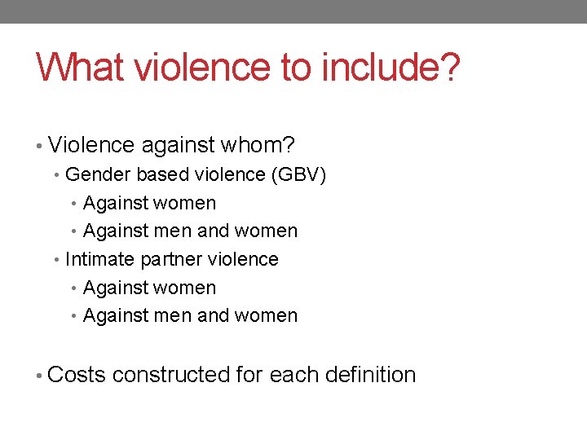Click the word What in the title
76,68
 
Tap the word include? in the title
391,68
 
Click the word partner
172,260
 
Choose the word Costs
77,375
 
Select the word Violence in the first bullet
91,146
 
